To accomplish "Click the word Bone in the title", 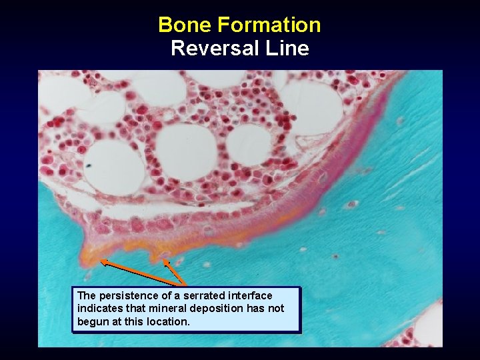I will (185, 25).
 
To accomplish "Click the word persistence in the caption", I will (125, 295).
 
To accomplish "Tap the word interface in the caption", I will (250, 295).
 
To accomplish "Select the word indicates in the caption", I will (97, 309).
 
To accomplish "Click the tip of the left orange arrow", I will (101, 263).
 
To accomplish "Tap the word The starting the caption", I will (87, 295).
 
